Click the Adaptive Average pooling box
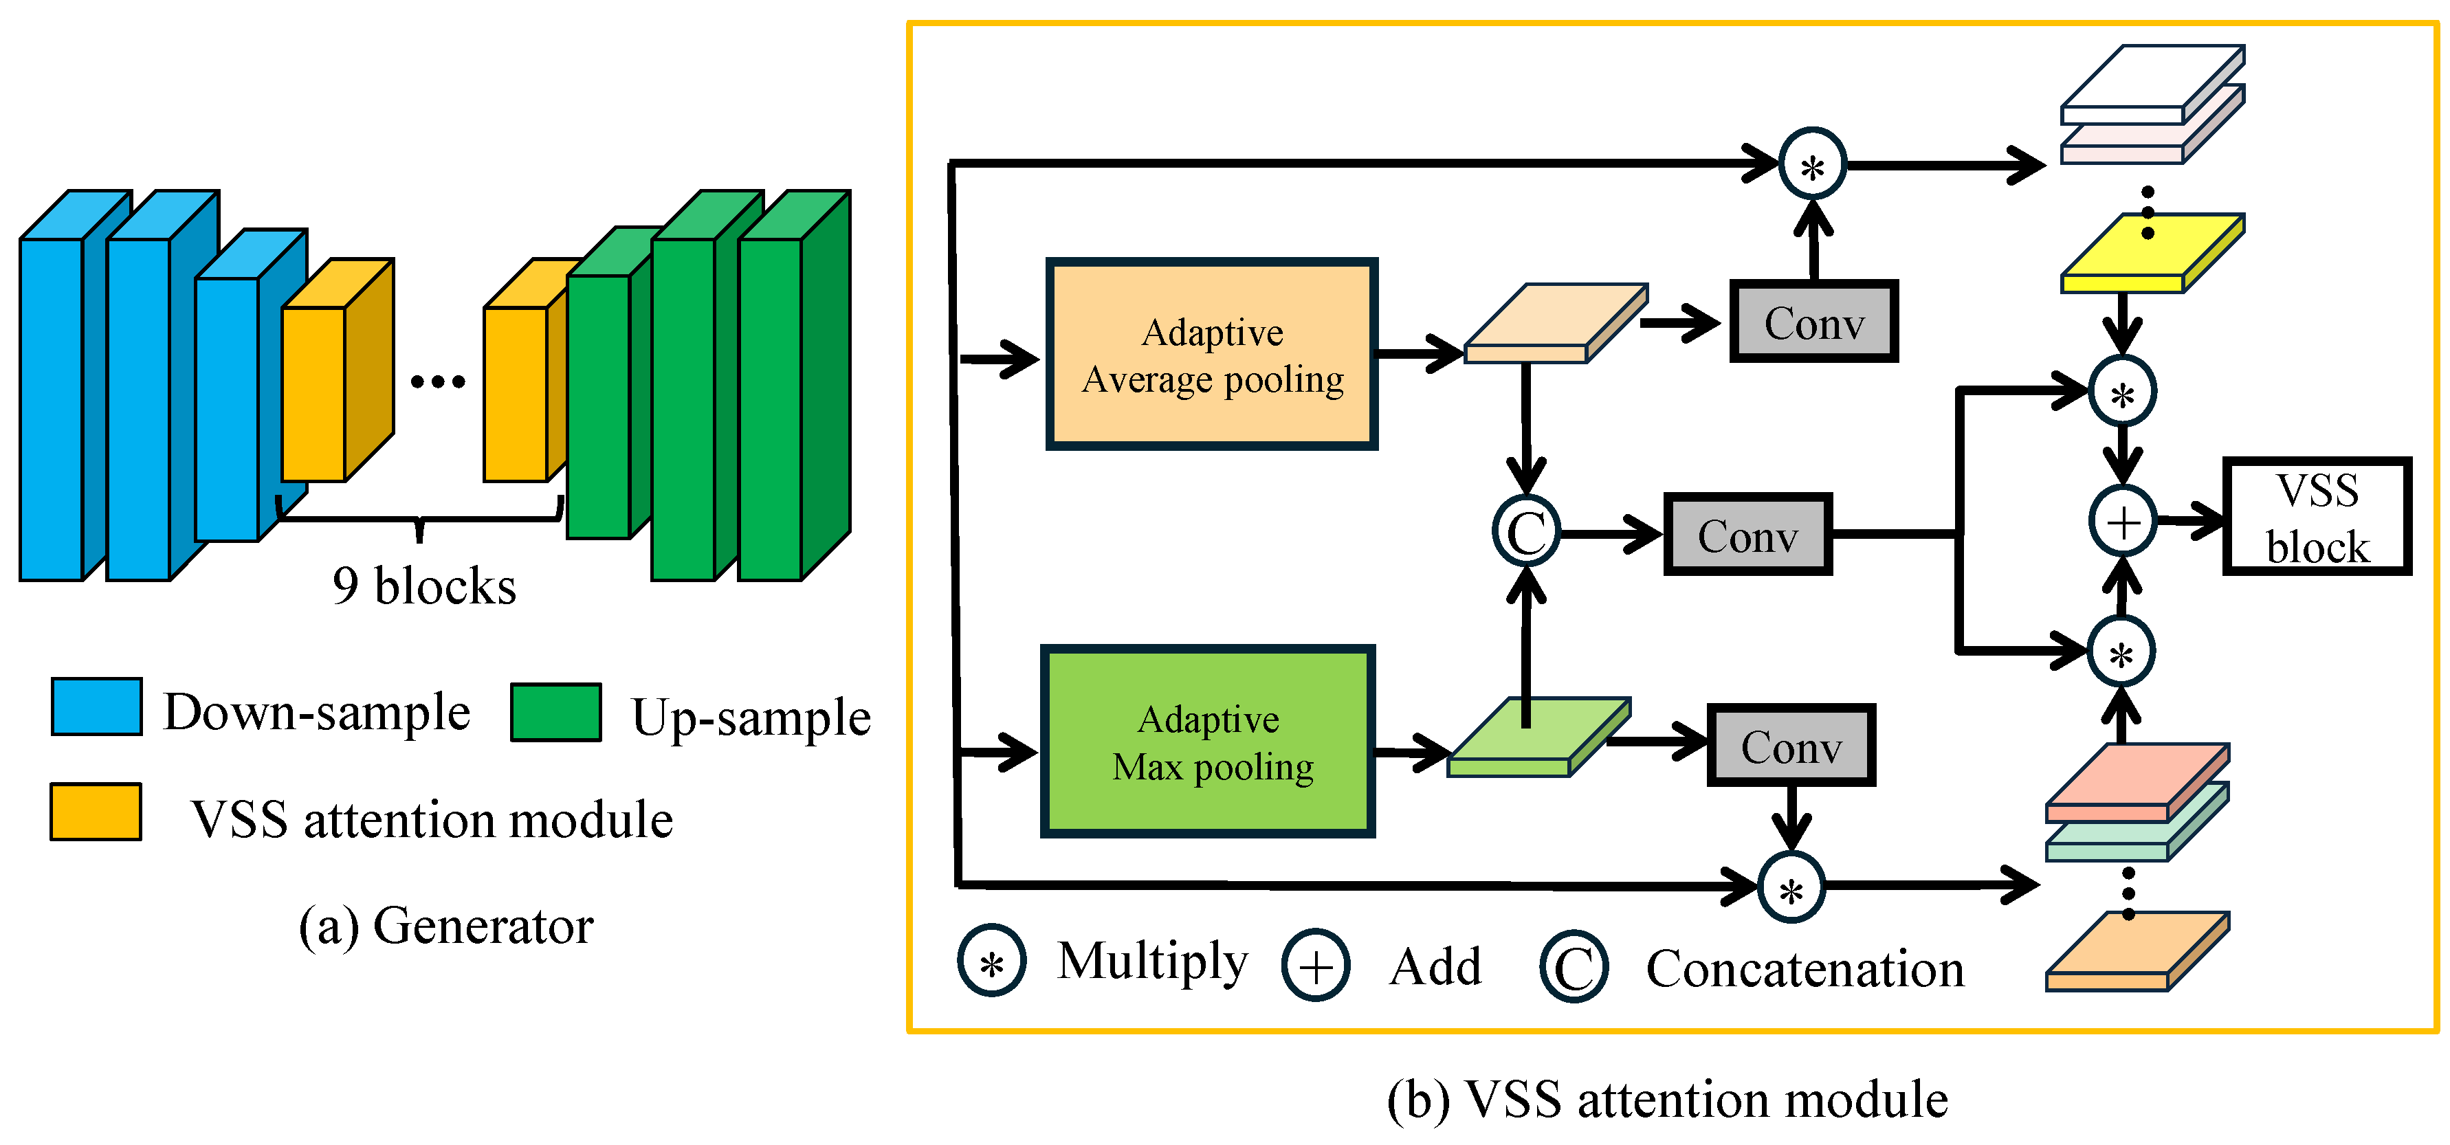(1212, 354)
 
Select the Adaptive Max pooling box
(1208, 742)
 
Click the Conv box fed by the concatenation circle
(1747, 535)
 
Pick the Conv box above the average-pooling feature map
(1813, 322)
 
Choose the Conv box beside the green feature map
(1791, 746)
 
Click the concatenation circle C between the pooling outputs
(1525, 533)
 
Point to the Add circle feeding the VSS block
(2122, 522)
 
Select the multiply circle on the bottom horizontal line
(1791, 888)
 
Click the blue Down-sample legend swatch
(97, 707)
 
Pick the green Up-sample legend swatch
(555, 711)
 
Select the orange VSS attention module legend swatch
(96, 811)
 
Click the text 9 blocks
(424, 586)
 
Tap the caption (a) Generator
(445, 925)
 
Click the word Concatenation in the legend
(1805, 969)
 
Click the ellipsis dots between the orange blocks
(437, 382)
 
